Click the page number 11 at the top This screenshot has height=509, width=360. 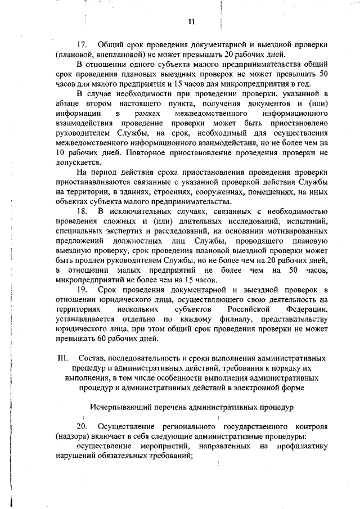tap(191, 22)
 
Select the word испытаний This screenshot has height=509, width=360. tap(306, 221)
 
